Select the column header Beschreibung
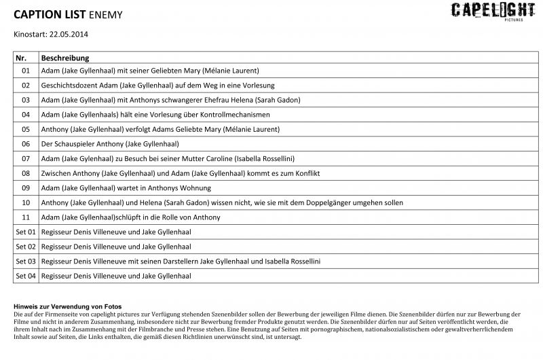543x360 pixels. point(65,58)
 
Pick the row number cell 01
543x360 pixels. point(26,71)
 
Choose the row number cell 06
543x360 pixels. point(26,144)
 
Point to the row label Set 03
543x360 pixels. point(26,261)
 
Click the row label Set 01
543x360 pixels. point(26,232)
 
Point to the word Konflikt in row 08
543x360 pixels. point(305,173)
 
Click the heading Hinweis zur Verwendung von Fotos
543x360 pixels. point(67,306)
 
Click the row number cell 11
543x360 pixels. point(26,217)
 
